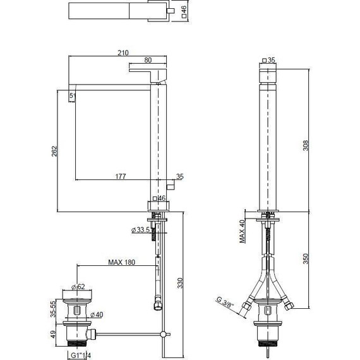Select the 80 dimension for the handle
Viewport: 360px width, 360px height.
click(147, 61)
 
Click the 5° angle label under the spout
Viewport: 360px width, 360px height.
click(73, 96)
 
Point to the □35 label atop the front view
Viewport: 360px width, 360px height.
click(270, 60)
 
